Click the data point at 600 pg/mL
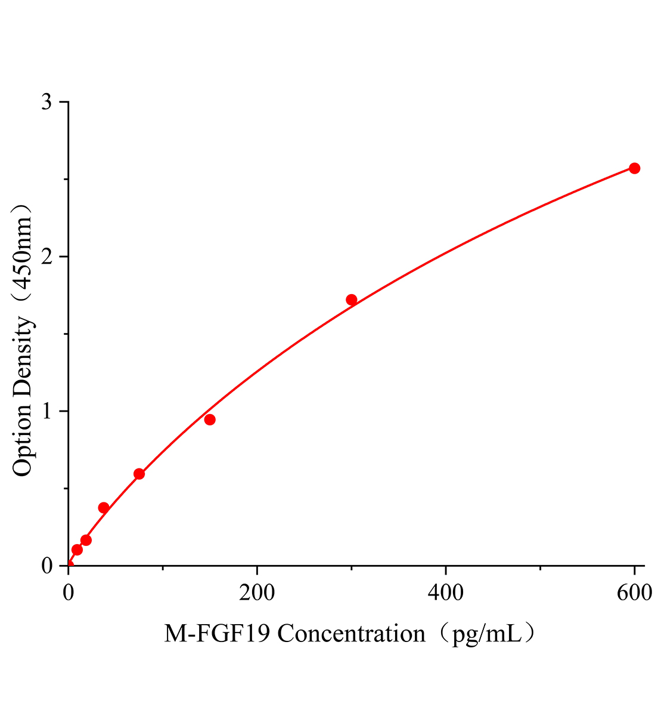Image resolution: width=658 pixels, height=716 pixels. tap(634, 168)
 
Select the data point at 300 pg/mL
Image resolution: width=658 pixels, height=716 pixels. tap(352, 300)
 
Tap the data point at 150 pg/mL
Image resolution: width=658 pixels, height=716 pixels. tap(210, 419)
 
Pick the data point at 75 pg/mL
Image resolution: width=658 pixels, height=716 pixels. tap(139, 474)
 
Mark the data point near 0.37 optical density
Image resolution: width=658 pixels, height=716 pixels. tap(104, 508)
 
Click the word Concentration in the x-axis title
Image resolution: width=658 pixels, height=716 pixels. tap(352, 634)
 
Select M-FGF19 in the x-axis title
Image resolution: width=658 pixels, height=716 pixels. tap(218, 634)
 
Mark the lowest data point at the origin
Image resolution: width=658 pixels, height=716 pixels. tap(69, 564)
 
